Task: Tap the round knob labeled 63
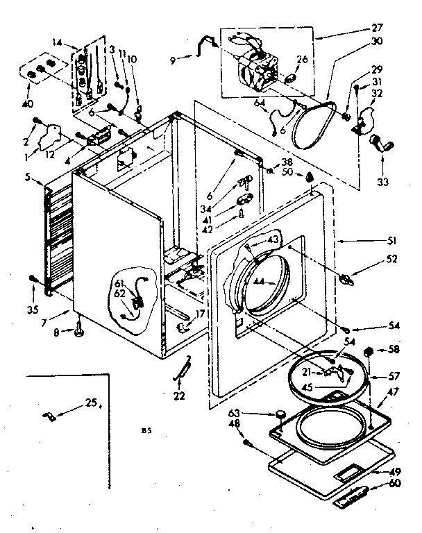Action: pyautogui.click(x=280, y=415)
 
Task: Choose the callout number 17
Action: pyautogui.click(x=200, y=314)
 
